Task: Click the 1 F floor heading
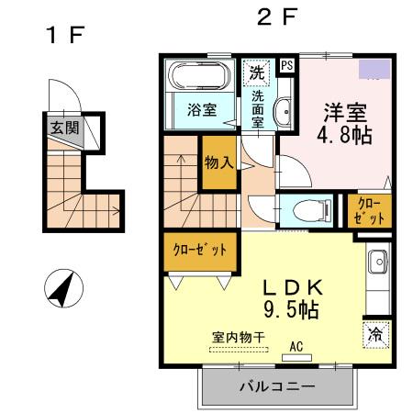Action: click(65, 36)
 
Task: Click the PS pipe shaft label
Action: click(287, 65)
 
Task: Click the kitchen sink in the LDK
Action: click(376, 266)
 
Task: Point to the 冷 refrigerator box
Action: click(375, 335)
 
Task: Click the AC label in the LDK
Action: click(296, 346)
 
